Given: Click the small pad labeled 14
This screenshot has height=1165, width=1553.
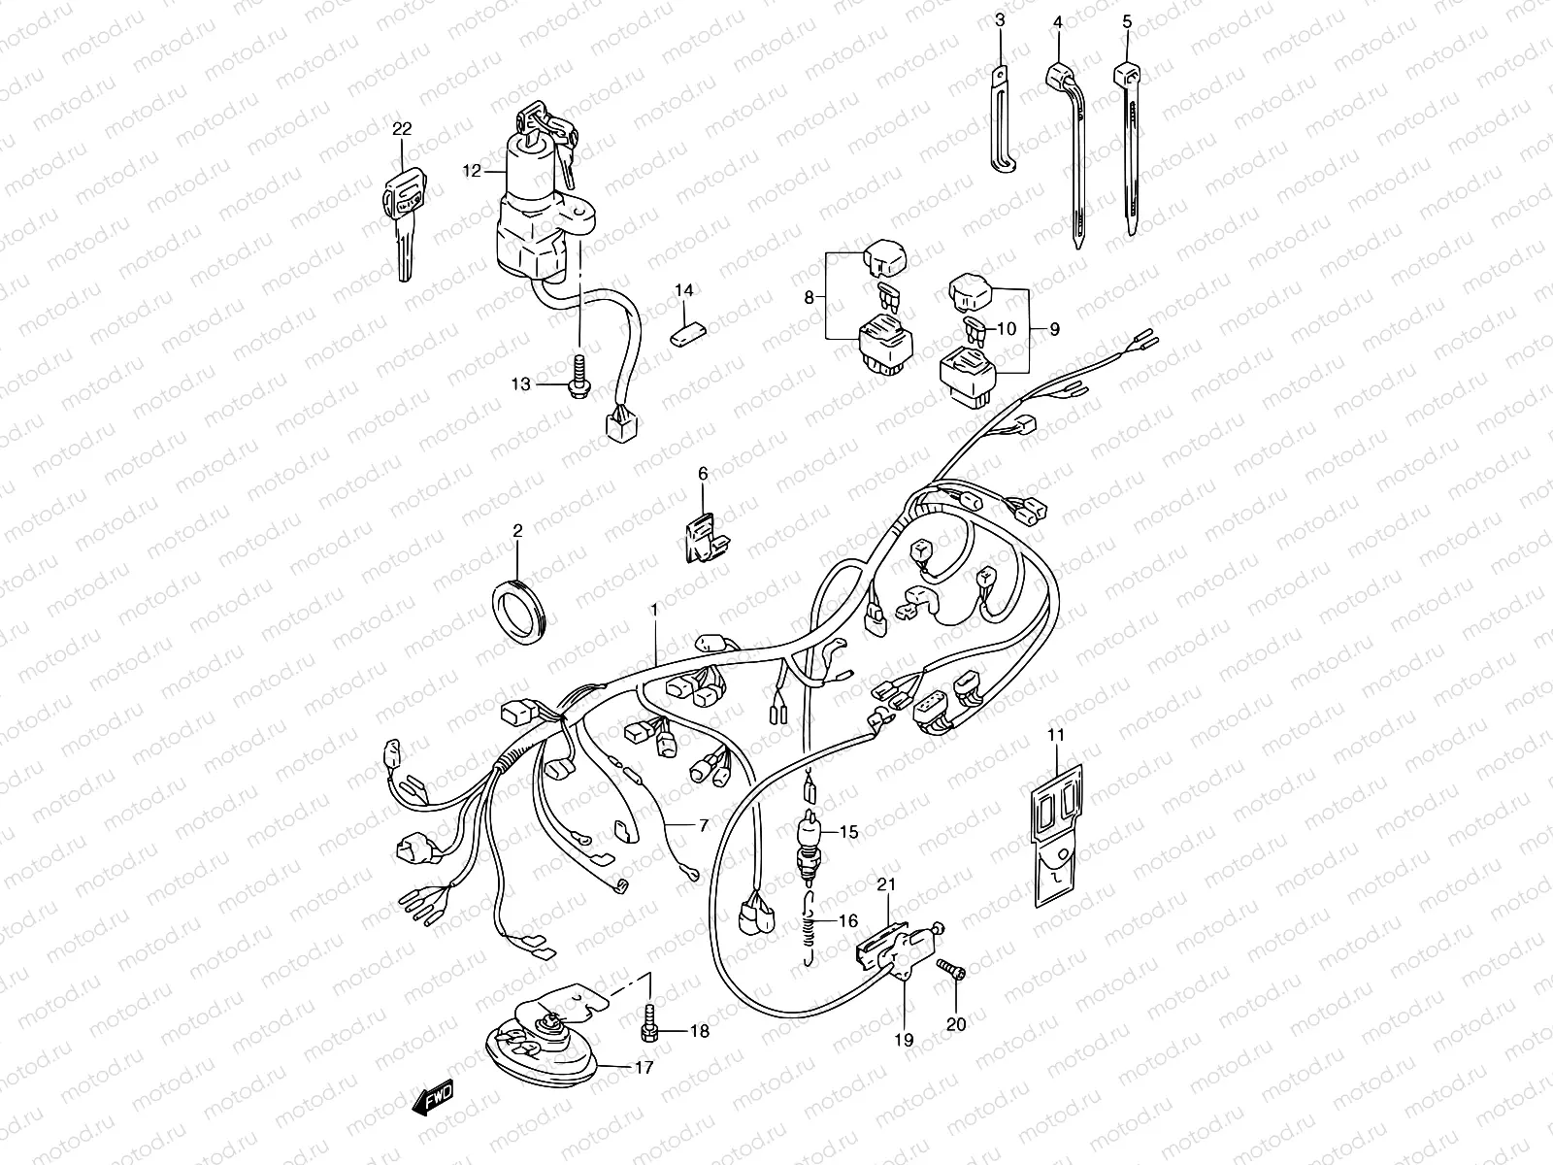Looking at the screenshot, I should [686, 333].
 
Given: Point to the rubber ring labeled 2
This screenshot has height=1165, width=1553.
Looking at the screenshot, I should [520, 610].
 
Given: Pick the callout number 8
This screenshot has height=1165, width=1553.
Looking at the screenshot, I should [809, 298].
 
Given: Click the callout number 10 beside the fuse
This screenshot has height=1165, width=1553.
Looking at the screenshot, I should [1007, 329].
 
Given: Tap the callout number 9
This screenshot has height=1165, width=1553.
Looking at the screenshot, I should [1053, 329].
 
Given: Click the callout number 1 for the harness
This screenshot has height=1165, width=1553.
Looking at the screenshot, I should [654, 610].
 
